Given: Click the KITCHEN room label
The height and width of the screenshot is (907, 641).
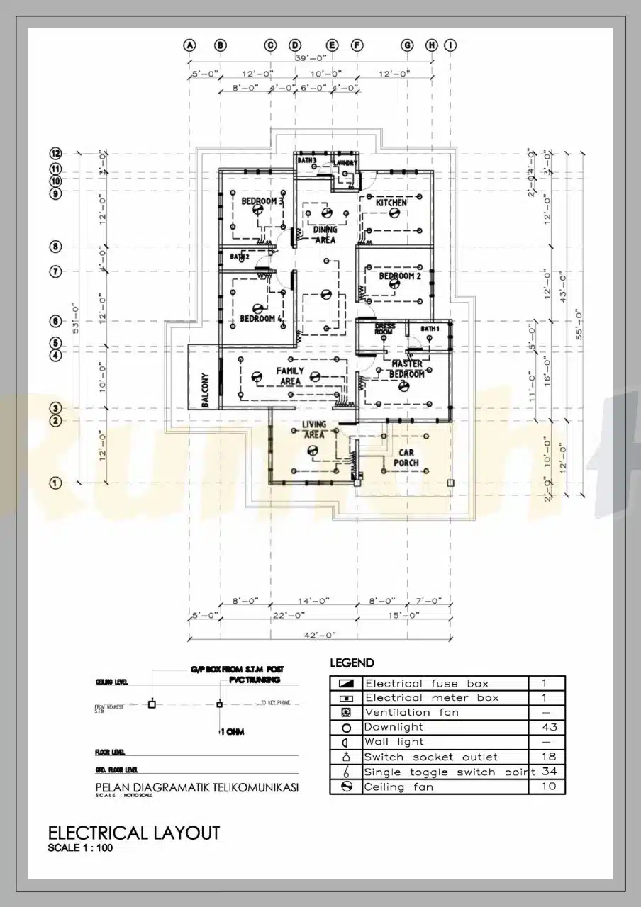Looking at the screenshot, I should coord(391,203).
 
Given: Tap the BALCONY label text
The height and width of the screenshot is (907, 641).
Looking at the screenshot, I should coord(206,390).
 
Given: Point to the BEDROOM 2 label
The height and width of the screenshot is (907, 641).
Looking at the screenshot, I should coord(400,276).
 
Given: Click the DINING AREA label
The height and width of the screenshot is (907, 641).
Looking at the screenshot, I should coord(325,235).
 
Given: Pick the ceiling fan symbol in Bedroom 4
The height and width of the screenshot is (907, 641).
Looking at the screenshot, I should coord(258,308).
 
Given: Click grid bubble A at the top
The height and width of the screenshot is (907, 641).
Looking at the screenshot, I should coord(189,45).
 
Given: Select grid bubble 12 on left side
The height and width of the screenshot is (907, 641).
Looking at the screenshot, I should coord(56,153).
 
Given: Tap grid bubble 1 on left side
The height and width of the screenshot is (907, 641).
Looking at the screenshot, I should coord(56,483).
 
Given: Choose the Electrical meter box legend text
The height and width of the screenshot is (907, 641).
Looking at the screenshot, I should coord(431,698).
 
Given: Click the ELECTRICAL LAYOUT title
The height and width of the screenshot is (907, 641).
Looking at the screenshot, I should coord(133,833).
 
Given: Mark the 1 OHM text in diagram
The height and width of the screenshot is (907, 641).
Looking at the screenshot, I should coord(232,732).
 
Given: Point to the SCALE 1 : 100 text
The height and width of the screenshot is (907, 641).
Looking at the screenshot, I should coord(79,847).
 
